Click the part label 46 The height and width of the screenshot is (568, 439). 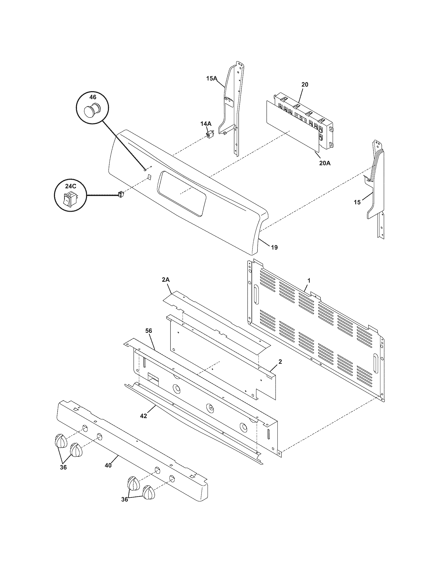(93, 97)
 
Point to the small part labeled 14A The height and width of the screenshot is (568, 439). (209, 135)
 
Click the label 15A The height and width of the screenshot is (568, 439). (212, 78)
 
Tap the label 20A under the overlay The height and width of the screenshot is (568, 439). (325, 163)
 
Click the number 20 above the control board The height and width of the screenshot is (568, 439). (305, 84)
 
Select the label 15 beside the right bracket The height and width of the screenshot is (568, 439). (357, 202)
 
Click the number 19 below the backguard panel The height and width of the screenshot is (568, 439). (274, 247)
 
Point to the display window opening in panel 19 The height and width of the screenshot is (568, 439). (182, 193)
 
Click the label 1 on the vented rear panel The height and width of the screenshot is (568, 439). (309, 280)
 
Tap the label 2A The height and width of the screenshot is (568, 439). (166, 280)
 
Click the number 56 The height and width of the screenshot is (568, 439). (149, 331)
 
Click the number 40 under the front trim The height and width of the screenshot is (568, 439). (108, 465)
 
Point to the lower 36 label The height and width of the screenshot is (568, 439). (125, 507)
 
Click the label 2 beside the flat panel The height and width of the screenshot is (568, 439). (280, 361)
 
